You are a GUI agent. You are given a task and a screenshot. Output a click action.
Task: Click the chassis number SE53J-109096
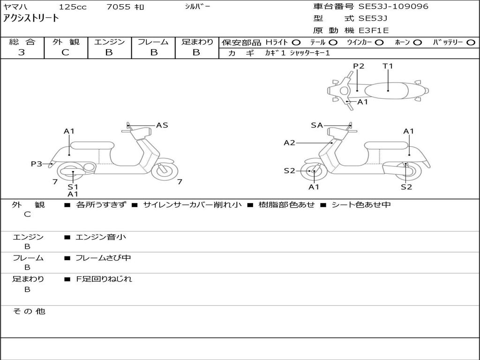click(x=393, y=7)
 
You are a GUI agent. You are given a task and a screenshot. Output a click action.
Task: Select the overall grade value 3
click(x=22, y=52)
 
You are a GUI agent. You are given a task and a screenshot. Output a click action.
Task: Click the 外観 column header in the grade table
click(x=66, y=42)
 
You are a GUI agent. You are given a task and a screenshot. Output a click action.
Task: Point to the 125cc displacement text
click(x=73, y=7)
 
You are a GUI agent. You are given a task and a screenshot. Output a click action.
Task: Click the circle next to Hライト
click(x=296, y=43)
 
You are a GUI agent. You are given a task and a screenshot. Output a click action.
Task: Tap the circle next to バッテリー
click(x=471, y=43)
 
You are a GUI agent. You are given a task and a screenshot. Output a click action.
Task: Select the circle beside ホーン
click(x=417, y=43)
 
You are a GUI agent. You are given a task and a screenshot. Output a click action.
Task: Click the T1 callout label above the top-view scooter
click(x=388, y=66)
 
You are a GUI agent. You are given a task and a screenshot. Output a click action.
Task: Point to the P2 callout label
click(x=359, y=66)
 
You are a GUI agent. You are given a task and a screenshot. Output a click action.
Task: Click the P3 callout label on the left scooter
click(x=37, y=164)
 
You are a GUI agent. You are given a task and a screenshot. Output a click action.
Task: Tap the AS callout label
click(x=162, y=125)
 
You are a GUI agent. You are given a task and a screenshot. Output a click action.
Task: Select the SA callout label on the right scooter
click(x=317, y=125)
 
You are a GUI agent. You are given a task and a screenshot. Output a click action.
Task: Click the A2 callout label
click(x=289, y=142)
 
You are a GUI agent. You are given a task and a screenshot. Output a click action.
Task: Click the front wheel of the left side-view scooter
click(x=165, y=171)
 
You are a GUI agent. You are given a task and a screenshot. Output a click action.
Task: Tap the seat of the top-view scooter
click(x=386, y=91)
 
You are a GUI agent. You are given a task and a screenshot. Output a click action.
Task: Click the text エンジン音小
click(x=101, y=237)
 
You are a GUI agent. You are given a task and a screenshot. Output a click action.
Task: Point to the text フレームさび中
click(x=103, y=258)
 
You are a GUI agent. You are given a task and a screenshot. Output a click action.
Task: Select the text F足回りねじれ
click(x=104, y=279)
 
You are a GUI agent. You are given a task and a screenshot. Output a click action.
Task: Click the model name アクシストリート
click(x=30, y=18)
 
